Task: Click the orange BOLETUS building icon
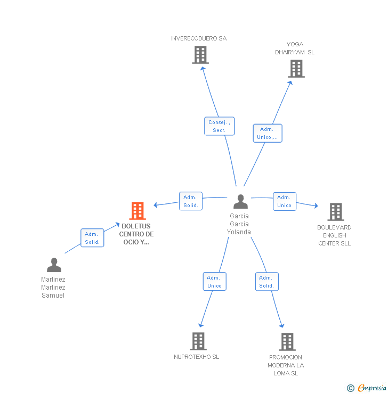pos(138,211)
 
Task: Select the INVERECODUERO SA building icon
pos(200,55)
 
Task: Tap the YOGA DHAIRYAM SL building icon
pos(296,69)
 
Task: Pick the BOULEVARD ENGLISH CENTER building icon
pos(335,212)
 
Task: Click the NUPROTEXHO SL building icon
pos(198,341)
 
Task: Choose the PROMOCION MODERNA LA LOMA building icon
pos(287,342)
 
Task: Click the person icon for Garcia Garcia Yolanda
pos(240,202)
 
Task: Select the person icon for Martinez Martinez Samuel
pos(54,265)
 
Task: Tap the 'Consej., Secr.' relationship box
pos(219,126)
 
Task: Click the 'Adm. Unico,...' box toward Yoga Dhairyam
pos(268,133)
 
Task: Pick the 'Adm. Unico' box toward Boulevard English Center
pos(284,201)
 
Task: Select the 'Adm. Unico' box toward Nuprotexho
pos(214,282)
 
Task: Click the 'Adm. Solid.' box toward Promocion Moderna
pos(266,282)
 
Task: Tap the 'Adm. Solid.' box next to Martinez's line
pos(92,238)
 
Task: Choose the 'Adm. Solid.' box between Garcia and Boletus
pos(191,201)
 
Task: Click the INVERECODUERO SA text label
pos(199,38)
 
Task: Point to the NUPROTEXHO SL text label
pos(196,357)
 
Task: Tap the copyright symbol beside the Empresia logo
pos(351,388)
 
